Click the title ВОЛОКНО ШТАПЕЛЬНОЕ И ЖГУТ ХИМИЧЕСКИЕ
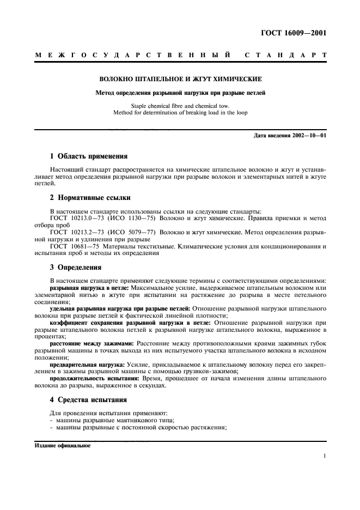(x=180, y=79)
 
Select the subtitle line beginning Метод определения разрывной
(x=180, y=93)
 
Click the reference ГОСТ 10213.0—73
(x=75, y=218)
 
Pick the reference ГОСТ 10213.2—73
(x=75, y=232)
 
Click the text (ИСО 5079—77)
(x=141, y=232)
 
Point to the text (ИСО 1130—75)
(x=141, y=218)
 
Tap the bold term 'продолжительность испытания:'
(x=93, y=379)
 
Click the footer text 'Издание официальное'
(x=63, y=445)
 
